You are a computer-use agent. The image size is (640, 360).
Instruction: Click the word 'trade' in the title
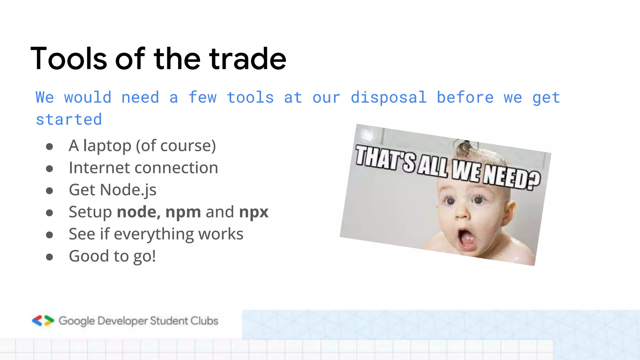tap(247, 59)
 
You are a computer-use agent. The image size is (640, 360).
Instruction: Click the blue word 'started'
tap(69, 120)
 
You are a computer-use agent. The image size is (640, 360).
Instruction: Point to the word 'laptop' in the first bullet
tap(107, 146)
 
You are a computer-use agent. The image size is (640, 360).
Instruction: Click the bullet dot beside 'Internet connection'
tap(49, 169)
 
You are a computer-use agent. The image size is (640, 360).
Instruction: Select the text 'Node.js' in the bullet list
tap(128, 190)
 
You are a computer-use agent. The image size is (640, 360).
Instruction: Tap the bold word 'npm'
tap(183, 212)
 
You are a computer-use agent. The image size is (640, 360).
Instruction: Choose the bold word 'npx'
tap(253, 212)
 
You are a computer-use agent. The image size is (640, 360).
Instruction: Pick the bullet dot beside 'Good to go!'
tap(49, 257)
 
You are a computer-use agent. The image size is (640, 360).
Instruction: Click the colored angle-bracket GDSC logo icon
tap(43, 321)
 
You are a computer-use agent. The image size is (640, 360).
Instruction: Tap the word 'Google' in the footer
tap(77, 321)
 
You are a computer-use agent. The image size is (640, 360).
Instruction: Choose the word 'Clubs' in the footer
tap(204, 321)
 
